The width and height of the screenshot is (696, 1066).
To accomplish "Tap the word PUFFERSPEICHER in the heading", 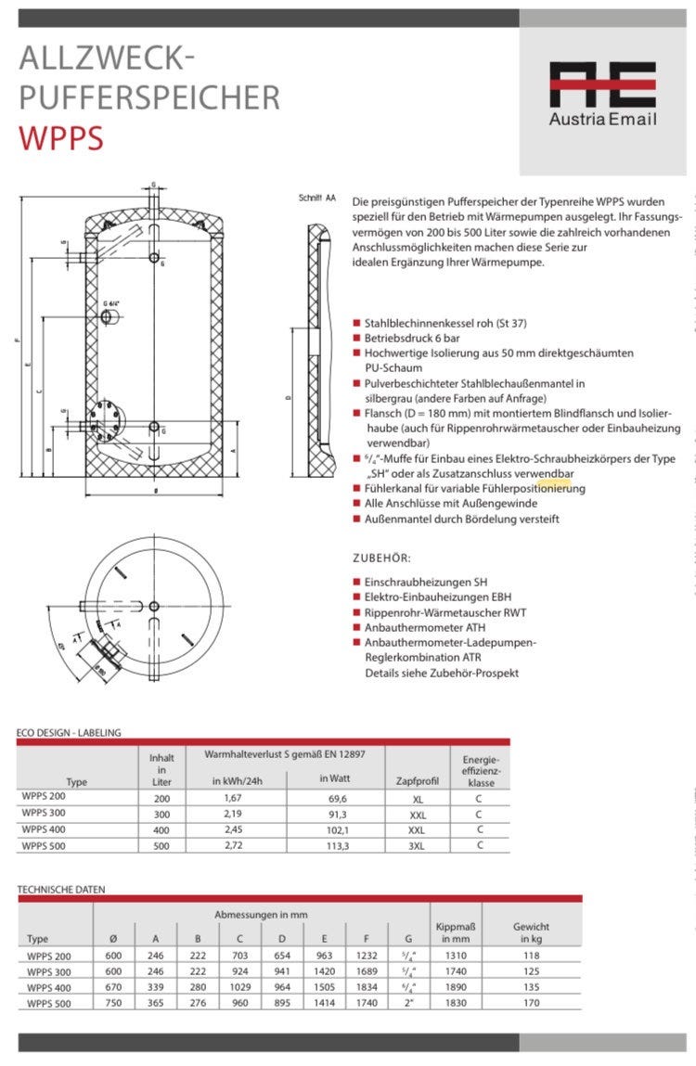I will [x=149, y=96].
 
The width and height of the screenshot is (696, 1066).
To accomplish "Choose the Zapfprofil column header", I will [x=418, y=781].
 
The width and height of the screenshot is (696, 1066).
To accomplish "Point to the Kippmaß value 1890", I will [x=455, y=987].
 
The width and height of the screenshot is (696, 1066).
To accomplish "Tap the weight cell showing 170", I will [x=534, y=1003].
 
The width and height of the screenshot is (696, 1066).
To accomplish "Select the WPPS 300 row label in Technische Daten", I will [x=49, y=971].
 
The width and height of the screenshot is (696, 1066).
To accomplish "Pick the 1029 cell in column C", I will [x=239, y=987].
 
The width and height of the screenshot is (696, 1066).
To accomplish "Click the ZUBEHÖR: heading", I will [x=381, y=558].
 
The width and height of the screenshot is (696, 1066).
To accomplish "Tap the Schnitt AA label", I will [x=316, y=199].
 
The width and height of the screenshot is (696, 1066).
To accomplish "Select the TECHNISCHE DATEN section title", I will [x=61, y=889].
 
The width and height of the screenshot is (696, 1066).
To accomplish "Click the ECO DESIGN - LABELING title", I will [x=69, y=732].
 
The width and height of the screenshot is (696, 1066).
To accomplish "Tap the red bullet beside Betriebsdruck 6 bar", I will [x=356, y=339].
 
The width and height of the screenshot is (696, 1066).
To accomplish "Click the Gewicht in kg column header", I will [x=531, y=932].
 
